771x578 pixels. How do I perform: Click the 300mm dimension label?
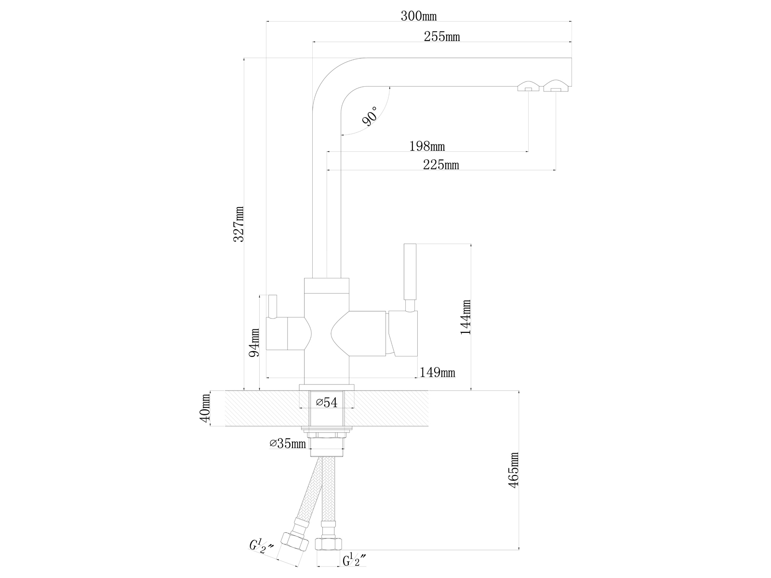coord(418,16)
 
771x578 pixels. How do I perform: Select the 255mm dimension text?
coord(441,37)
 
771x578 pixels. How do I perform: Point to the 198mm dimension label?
coord(427,146)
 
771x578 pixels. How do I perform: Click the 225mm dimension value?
coord(440,165)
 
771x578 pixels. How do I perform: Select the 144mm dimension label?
coord(466,317)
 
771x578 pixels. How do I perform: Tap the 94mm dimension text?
coord(254,342)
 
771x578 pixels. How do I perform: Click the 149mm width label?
coord(437,372)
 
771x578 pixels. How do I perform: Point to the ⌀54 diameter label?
coord(326,403)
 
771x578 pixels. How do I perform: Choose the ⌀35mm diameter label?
coord(288,443)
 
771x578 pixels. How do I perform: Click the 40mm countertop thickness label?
coord(205,408)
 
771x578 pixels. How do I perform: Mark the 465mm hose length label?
coord(514,470)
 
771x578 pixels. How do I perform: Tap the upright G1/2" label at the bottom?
coord(354,561)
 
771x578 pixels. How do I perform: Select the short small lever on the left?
coord(273,307)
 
